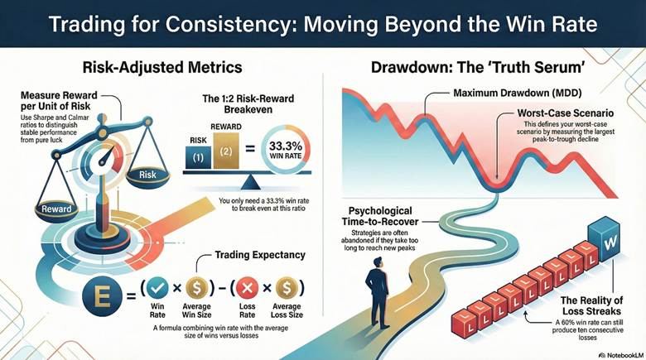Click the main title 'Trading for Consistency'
323,24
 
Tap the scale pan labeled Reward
57,207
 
